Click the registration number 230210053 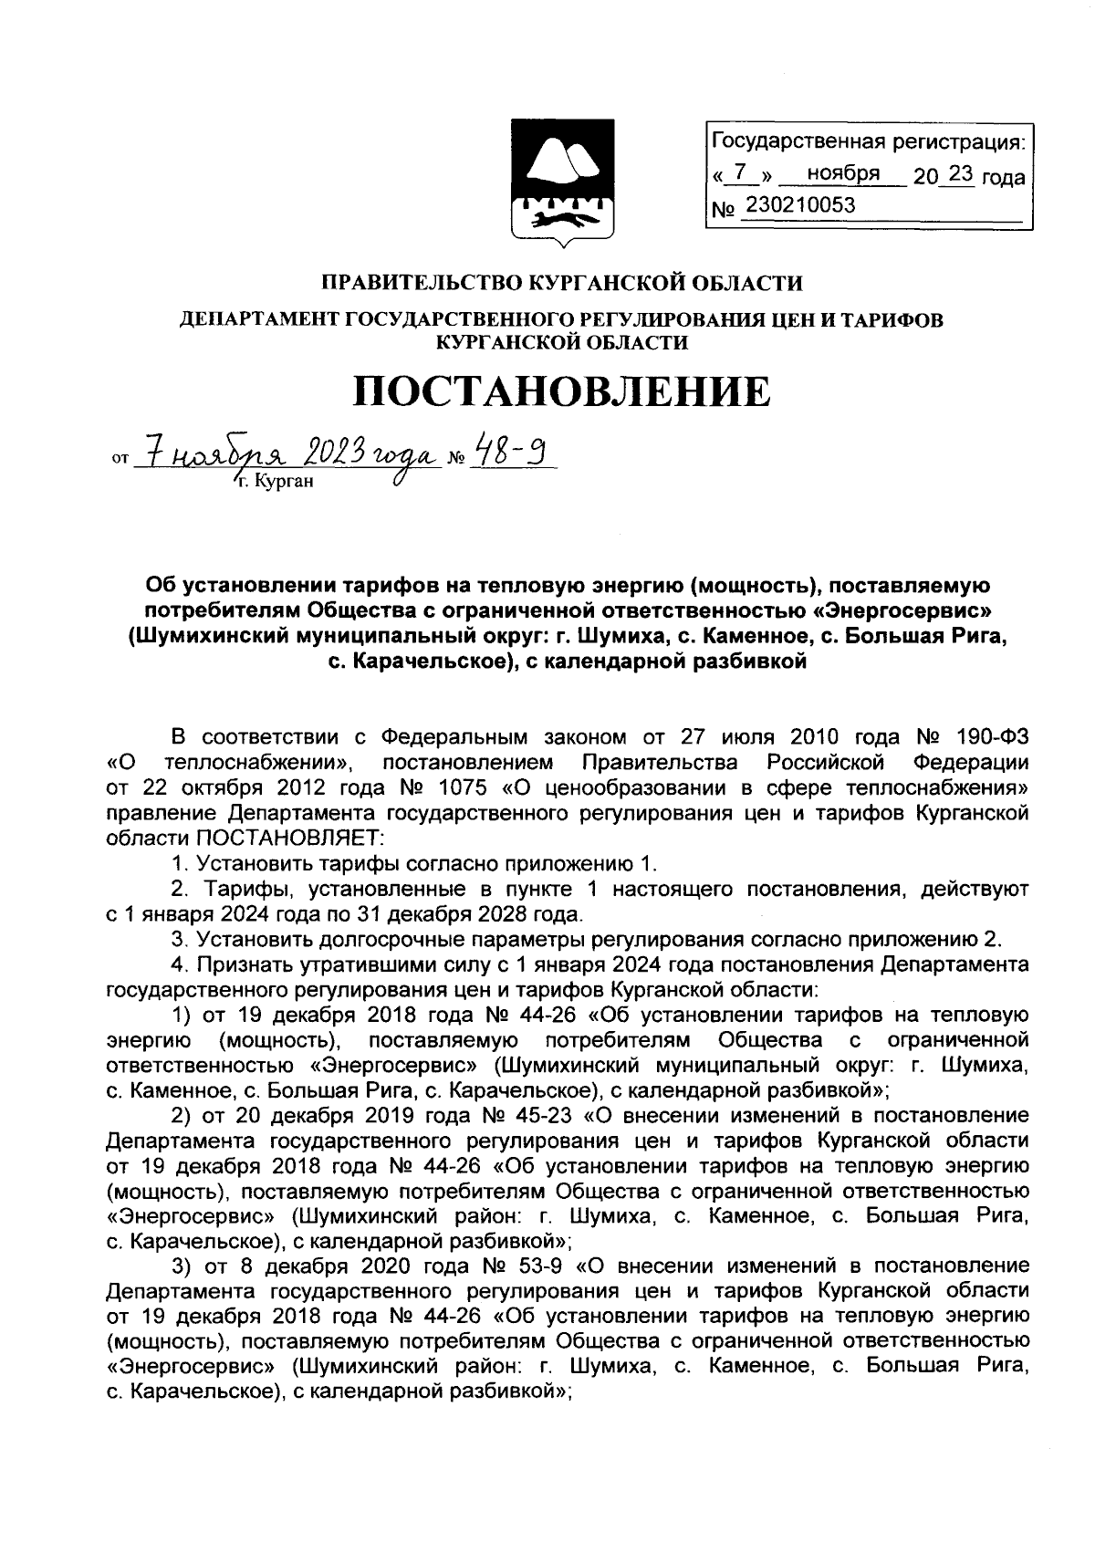point(800,206)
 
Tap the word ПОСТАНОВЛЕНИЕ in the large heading point(561,391)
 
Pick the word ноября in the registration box point(843,173)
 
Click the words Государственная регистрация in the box point(867,141)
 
